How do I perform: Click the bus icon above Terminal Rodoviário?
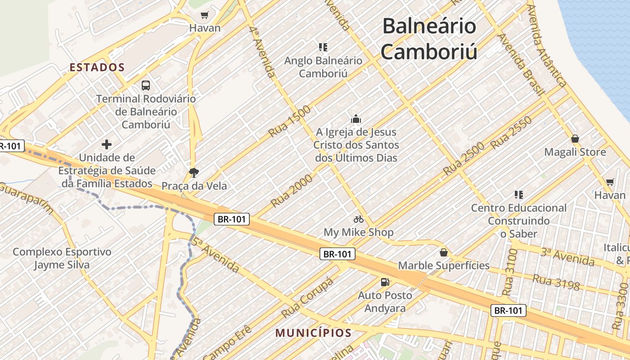(146, 85)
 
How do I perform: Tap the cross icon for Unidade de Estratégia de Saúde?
(107, 144)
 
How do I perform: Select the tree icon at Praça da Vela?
(194, 172)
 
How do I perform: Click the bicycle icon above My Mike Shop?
(359, 219)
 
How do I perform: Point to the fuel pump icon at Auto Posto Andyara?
(385, 282)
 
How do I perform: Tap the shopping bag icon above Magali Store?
(575, 139)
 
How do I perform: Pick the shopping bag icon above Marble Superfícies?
(444, 252)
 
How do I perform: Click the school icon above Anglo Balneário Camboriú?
(323, 47)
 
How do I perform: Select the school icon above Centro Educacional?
(519, 195)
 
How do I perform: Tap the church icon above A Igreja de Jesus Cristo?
(356, 119)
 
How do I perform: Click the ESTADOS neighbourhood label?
(97, 67)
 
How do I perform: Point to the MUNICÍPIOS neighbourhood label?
(313, 333)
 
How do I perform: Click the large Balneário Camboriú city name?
(429, 39)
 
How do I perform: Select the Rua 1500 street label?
(289, 121)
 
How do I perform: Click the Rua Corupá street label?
(307, 297)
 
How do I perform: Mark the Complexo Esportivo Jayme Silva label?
(62, 258)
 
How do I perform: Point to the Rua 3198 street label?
(556, 282)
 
